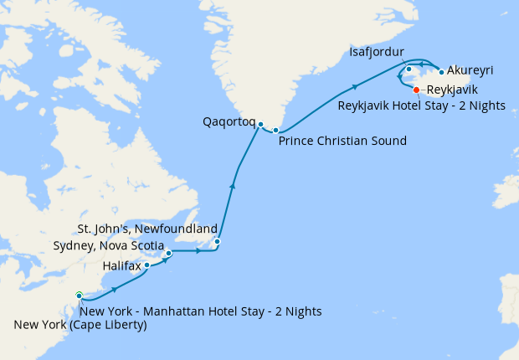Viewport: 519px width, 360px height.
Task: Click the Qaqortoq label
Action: click(229, 121)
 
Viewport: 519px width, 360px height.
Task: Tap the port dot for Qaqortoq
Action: click(261, 125)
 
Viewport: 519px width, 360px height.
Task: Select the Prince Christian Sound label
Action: click(342, 141)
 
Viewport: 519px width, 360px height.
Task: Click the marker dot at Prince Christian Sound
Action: click(275, 131)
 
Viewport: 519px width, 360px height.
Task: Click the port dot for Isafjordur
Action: click(409, 69)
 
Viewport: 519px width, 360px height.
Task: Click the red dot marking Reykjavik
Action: click(417, 90)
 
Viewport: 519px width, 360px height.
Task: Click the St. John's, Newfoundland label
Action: click(147, 229)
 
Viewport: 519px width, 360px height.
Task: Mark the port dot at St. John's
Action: click(217, 242)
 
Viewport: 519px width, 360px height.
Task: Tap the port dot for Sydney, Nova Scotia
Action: click(168, 252)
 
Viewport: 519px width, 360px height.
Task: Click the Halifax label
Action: click(121, 265)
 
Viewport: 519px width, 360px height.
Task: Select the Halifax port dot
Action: click(147, 265)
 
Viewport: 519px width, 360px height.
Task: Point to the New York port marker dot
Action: click(79, 295)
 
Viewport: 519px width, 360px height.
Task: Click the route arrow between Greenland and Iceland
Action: click(357, 85)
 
